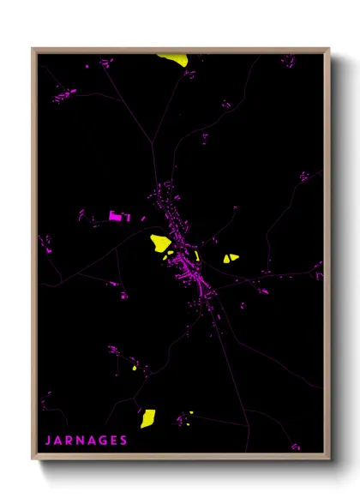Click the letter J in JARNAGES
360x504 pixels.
[48, 441]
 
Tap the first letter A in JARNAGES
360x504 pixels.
[60, 441]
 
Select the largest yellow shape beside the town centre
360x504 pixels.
[160, 243]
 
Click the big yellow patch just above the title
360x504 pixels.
[148, 418]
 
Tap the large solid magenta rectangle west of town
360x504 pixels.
[116, 217]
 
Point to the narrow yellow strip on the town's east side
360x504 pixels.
[197, 255]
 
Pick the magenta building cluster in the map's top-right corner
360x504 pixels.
[288, 62]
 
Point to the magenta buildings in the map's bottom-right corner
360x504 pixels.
[296, 446]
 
